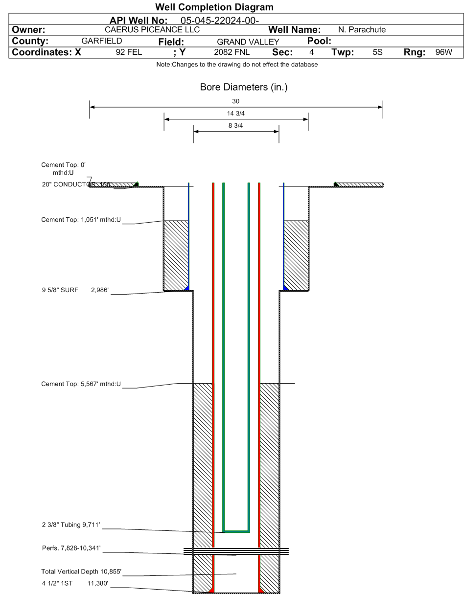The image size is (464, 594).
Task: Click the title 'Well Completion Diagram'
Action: tap(214, 7)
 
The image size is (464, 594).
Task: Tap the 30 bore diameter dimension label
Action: tap(235, 101)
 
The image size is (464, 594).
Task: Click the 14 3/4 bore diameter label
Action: tap(236, 114)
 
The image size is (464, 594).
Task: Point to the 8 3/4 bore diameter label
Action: tap(236, 126)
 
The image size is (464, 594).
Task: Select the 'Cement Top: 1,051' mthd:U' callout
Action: tap(81, 219)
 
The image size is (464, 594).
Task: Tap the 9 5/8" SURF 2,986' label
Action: tap(75, 290)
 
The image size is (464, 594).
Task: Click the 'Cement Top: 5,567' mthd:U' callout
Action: tap(81, 384)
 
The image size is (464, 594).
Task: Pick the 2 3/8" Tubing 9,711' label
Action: tap(71, 525)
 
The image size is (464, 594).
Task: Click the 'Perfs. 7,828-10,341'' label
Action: tap(71, 548)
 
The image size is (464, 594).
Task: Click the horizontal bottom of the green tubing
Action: tap(236, 531)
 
